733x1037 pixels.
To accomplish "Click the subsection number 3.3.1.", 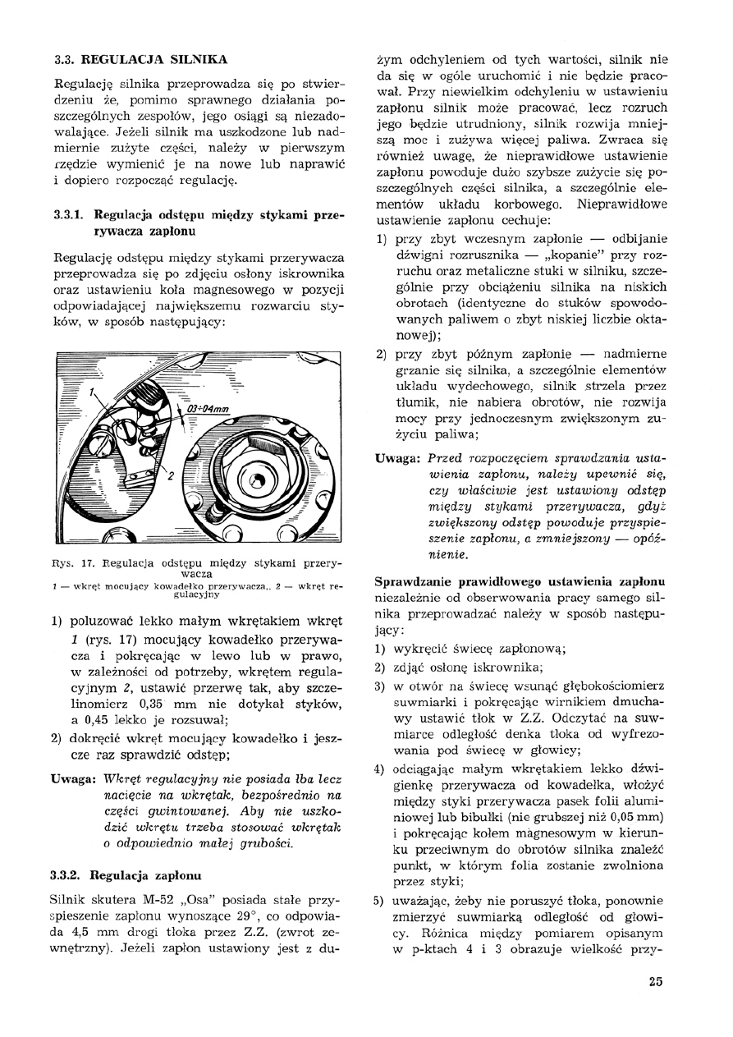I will (x=67, y=215).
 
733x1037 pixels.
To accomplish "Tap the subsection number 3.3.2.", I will (x=67, y=875).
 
